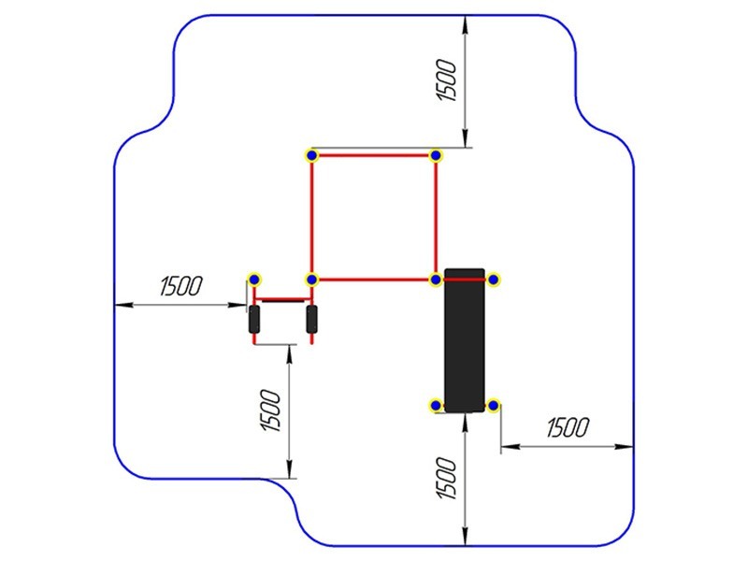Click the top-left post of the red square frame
pos(312,155)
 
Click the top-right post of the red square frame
pos(436,155)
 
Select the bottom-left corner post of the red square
pos(312,280)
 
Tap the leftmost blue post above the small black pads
pos(254,279)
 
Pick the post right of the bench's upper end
pos(494,280)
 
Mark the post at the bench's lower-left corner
pos(436,406)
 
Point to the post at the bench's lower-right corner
pos(494,406)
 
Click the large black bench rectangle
pos(465,340)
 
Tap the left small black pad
pos(254,319)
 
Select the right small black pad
pos(312,319)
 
